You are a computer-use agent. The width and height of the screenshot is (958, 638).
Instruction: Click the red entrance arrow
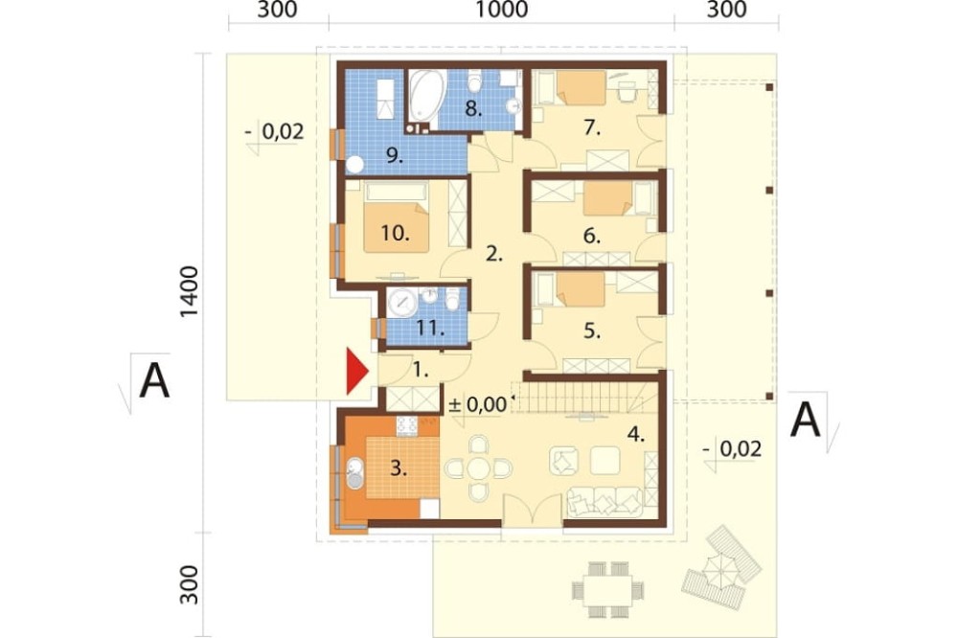[356, 371]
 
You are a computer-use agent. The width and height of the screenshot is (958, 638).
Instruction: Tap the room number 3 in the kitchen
[399, 468]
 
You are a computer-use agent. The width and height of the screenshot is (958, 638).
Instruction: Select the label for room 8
[473, 109]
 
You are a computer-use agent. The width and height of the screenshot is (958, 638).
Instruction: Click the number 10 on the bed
[395, 233]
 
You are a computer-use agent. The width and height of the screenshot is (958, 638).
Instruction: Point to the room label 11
[430, 329]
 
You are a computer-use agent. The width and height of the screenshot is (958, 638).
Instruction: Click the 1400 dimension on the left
[190, 292]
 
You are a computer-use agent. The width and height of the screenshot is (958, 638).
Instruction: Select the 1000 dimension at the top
[501, 10]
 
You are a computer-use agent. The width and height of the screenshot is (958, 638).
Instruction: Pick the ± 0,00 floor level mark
[478, 404]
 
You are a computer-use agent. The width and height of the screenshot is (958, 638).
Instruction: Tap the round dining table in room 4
[478, 468]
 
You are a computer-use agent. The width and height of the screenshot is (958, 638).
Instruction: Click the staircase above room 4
[578, 397]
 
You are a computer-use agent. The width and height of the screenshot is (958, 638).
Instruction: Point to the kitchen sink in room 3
[354, 473]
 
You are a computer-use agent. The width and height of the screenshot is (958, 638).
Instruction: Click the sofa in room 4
[604, 502]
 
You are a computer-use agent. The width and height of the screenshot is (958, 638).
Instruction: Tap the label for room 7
[592, 127]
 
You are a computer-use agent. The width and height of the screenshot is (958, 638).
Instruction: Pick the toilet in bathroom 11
[452, 299]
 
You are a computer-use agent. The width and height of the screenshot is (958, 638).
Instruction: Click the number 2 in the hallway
[493, 254]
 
